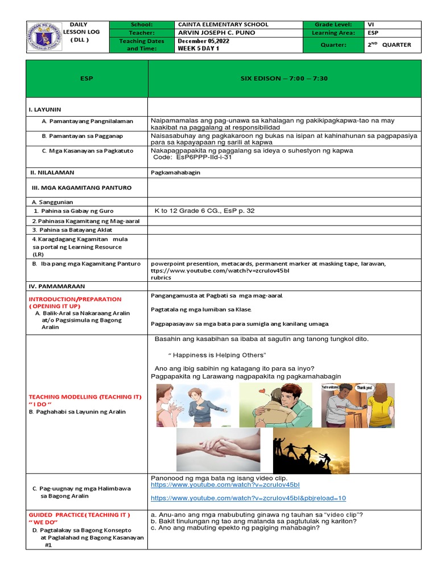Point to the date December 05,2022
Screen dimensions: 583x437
click(203, 42)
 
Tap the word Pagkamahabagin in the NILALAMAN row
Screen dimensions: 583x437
click(175, 173)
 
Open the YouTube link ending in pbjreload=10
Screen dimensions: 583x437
click(248, 498)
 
